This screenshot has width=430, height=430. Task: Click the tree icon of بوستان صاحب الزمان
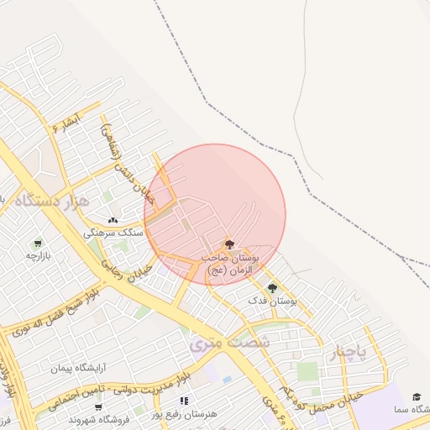(230, 244)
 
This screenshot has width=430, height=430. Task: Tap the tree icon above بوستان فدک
(271, 288)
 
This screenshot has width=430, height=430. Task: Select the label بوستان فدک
(272, 300)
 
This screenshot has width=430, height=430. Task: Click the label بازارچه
(39, 254)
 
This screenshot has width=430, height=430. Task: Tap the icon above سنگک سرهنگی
(113, 220)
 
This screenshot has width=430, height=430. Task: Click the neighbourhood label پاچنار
(347, 352)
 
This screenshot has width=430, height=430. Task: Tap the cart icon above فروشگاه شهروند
(98, 406)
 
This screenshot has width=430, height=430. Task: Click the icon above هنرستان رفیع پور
(184, 401)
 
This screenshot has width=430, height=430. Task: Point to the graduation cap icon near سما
(417, 396)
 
